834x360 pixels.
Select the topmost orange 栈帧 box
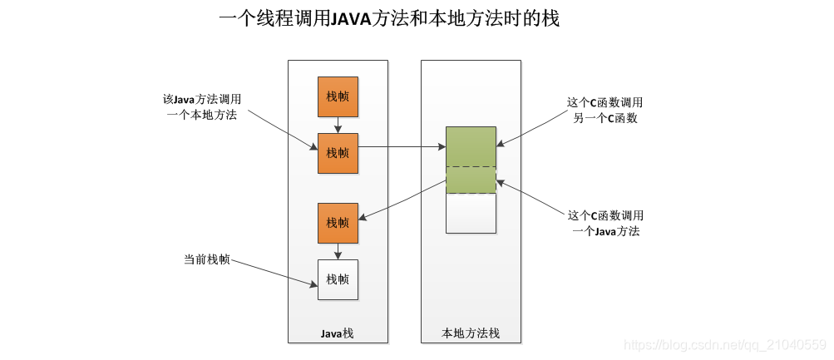click(338, 97)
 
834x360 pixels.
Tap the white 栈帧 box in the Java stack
click(338, 279)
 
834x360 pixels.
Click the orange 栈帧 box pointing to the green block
click(338, 153)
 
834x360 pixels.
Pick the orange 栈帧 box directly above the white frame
click(338, 223)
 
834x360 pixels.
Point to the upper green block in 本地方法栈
click(471, 146)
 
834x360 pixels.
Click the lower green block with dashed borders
click(471, 180)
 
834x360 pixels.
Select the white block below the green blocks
click(471, 214)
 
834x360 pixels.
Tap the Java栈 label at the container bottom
click(338, 333)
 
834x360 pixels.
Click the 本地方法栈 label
click(471, 333)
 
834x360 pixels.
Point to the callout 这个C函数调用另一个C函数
click(605, 110)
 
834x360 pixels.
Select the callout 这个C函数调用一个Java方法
click(605, 223)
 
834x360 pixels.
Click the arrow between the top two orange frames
click(338, 125)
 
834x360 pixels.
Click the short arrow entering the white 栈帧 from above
click(338, 251)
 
